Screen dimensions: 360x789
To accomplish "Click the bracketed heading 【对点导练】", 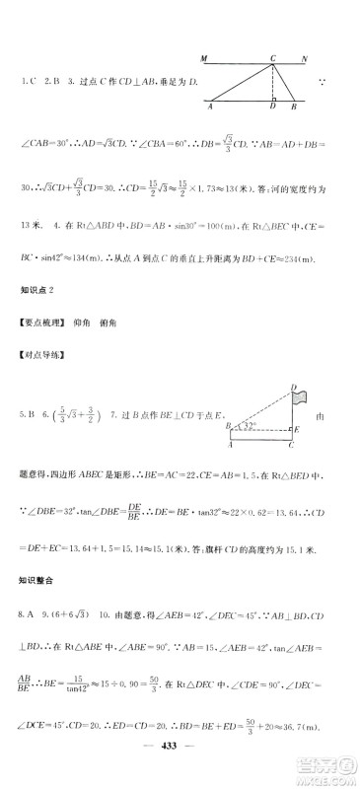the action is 44,350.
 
